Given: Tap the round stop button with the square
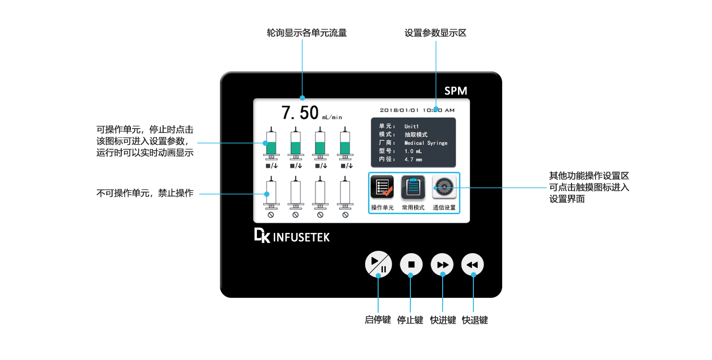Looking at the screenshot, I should click(411, 264).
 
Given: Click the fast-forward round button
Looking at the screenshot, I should click(442, 264).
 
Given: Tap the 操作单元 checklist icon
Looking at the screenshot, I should click(382, 187).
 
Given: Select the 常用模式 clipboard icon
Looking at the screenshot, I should click(413, 187).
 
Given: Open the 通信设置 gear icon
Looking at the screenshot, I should click(444, 187).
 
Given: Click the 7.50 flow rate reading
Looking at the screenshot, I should click(300, 112).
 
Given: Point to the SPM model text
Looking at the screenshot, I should click(455, 91).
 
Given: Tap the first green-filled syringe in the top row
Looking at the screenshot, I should click(271, 144).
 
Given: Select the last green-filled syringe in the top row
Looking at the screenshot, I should click(345, 144).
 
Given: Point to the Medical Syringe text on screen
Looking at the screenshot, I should click(426, 143).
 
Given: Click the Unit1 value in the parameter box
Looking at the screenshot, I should click(412, 127).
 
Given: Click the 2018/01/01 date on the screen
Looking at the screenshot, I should click(398, 110).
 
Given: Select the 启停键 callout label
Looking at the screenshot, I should click(378, 320).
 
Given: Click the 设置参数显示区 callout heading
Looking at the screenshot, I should click(435, 33).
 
